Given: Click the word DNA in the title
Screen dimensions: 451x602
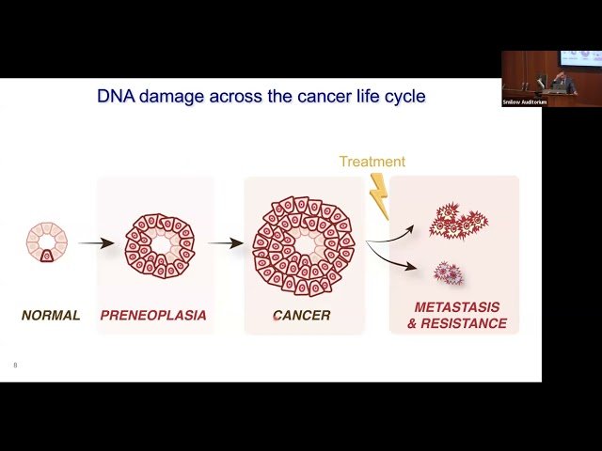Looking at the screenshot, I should (117, 96).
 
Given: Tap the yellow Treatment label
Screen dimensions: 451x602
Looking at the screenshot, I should (372, 162).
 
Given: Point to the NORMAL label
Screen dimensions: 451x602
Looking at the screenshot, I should (51, 316).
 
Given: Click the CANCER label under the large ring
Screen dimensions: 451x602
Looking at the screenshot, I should (301, 316).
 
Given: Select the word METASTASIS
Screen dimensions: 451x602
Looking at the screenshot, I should (458, 307).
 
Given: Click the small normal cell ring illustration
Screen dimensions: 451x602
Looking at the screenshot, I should (46, 242).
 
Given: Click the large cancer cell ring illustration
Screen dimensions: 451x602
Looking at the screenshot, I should (303, 245).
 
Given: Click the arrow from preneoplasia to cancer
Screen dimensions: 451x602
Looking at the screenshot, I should (226, 243).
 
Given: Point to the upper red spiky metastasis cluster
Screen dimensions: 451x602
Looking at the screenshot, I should (457, 222).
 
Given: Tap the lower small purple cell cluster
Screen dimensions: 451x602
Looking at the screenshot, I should (448, 273).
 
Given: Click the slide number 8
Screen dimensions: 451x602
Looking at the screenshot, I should (15, 365).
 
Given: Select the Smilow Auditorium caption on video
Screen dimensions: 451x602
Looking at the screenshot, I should (525, 101).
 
